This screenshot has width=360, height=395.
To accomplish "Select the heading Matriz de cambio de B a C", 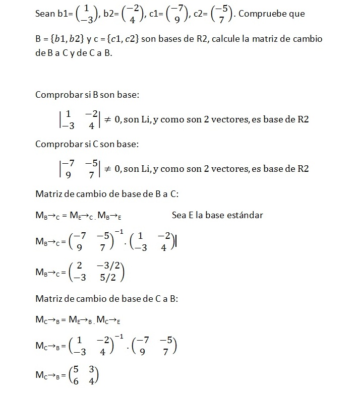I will (x=106, y=193).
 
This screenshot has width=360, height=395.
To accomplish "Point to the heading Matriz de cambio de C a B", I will (x=106, y=298).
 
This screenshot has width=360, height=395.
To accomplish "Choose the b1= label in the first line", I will (x=64, y=14).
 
